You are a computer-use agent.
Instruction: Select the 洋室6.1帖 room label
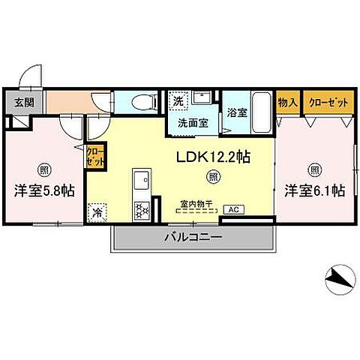(x=314, y=191)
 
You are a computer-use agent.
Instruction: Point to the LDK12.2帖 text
(x=213, y=158)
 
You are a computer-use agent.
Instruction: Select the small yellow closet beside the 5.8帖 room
(x=95, y=157)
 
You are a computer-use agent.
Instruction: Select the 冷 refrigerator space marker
(x=97, y=211)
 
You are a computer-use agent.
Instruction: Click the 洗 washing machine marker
(x=178, y=100)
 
